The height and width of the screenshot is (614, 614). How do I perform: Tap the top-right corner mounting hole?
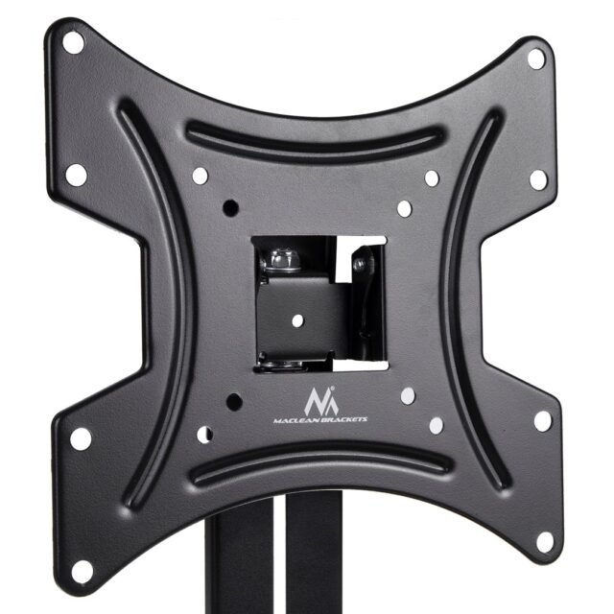pyautogui.click(x=536, y=58)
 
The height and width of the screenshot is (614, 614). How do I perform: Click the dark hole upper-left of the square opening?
pyautogui.click(x=230, y=206)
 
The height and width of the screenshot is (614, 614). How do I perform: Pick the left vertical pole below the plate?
pyautogui.click(x=227, y=566)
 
